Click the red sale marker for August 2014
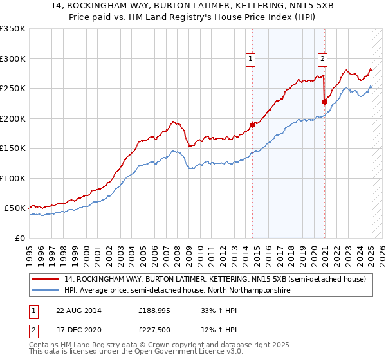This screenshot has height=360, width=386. click(252, 125)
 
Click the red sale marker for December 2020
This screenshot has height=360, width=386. click(324, 102)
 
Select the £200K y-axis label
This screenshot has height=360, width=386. click(12, 118)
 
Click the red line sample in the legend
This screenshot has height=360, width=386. click(46, 279)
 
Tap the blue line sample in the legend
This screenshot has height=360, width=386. click(46, 291)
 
